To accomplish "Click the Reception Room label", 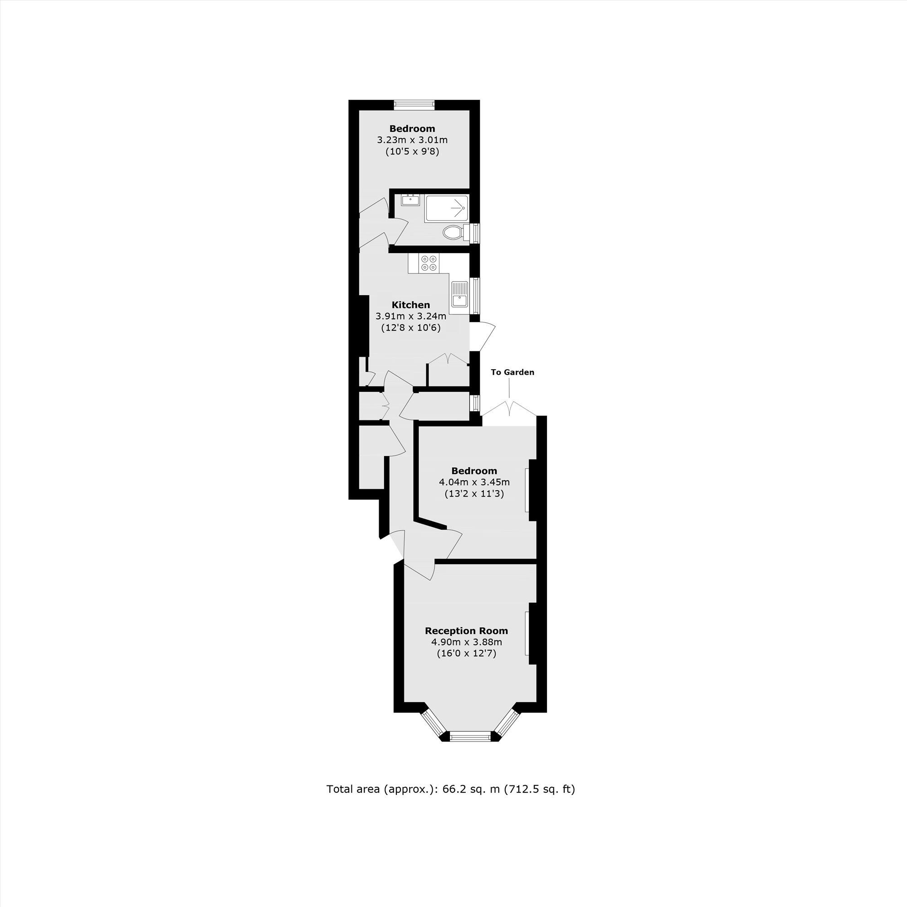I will coord(466,631).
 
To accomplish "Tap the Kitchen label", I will coord(411,305).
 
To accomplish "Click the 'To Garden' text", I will coord(512,372).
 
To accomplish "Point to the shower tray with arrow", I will coord(446,209).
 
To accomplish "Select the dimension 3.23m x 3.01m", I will coord(412,140).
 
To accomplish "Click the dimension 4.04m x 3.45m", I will coord(474,482).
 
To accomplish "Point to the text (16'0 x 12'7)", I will coord(466,653).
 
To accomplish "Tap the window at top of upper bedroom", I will coord(414,105).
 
